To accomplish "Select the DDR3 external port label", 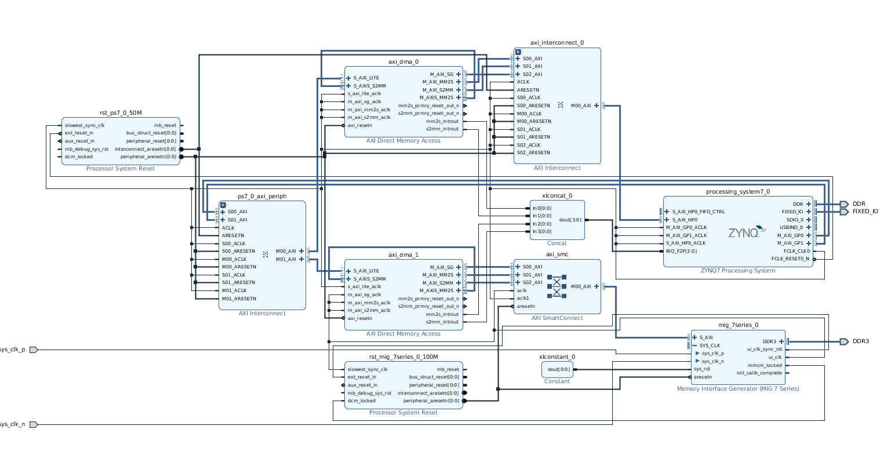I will click(860, 341).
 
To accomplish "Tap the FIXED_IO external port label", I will click(865, 212).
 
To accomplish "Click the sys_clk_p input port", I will click(34, 350).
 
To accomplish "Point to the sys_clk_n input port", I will click(34, 424).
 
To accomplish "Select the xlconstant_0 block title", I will click(557, 357).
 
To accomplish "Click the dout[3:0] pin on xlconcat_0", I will click(570, 220).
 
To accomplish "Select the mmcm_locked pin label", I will click(765, 365).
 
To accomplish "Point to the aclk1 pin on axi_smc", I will click(523, 298).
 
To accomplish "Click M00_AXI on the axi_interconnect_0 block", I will click(581, 106).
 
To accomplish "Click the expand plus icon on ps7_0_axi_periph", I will click(223, 205).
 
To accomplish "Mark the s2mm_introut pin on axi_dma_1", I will click(442, 322).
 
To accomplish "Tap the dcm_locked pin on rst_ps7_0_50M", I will click(78, 157).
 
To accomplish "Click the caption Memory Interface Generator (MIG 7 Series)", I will click(737, 388).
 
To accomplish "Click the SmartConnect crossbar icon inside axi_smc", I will click(557, 286).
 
